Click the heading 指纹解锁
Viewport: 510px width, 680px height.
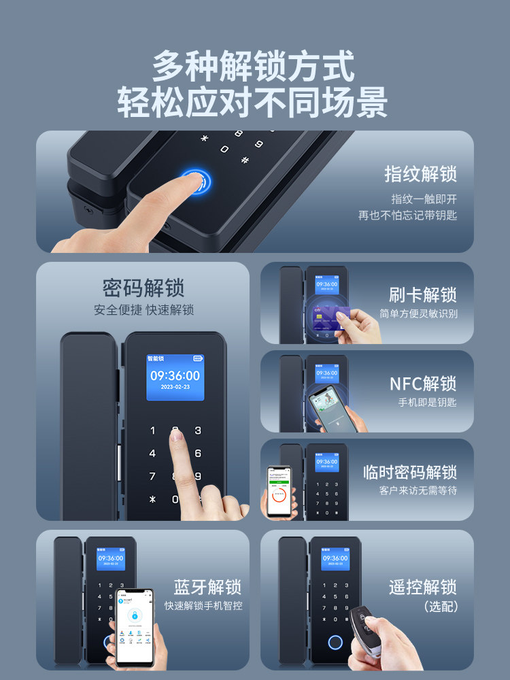click(x=420, y=174)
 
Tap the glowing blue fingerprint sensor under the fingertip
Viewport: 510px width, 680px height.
click(x=196, y=182)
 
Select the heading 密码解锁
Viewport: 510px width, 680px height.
click(x=143, y=288)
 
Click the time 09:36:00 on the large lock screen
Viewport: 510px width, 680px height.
click(x=175, y=375)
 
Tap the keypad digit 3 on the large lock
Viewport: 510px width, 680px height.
click(x=198, y=430)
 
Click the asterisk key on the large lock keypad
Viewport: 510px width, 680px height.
click(x=152, y=499)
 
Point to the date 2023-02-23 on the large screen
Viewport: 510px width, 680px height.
click(x=175, y=387)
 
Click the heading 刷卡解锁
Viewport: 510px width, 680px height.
click(x=422, y=295)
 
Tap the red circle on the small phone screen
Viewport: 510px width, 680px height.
click(x=277, y=500)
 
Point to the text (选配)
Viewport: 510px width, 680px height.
click(x=441, y=606)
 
